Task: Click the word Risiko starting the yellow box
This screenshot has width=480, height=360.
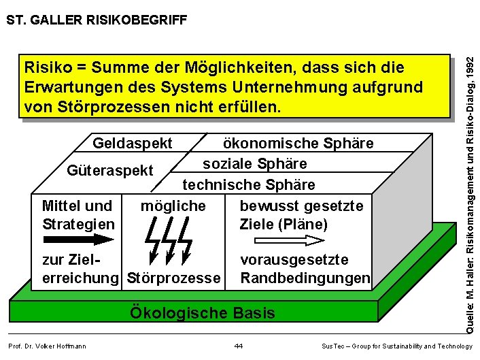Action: [x=47, y=68]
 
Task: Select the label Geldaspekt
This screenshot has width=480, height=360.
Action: [x=133, y=144]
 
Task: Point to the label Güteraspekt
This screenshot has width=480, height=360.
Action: [x=110, y=170]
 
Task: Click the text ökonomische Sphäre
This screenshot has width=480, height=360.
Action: [x=298, y=144]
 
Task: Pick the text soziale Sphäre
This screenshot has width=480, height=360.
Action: [x=255, y=164]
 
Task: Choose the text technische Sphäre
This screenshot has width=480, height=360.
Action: [x=249, y=185]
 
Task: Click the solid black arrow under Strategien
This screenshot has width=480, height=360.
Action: [x=79, y=240]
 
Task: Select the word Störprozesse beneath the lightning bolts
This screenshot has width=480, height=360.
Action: [x=174, y=278]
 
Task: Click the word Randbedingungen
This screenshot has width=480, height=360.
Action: [x=305, y=278]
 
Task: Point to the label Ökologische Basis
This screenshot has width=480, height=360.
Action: [x=203, y=313]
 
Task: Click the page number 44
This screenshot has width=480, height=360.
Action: [x=238, y=346]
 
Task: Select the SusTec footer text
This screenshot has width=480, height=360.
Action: [x=396, y=346]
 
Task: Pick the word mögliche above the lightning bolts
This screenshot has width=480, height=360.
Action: [x=173, y=206]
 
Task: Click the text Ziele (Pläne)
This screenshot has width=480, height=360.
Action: [x=284, y=224]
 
